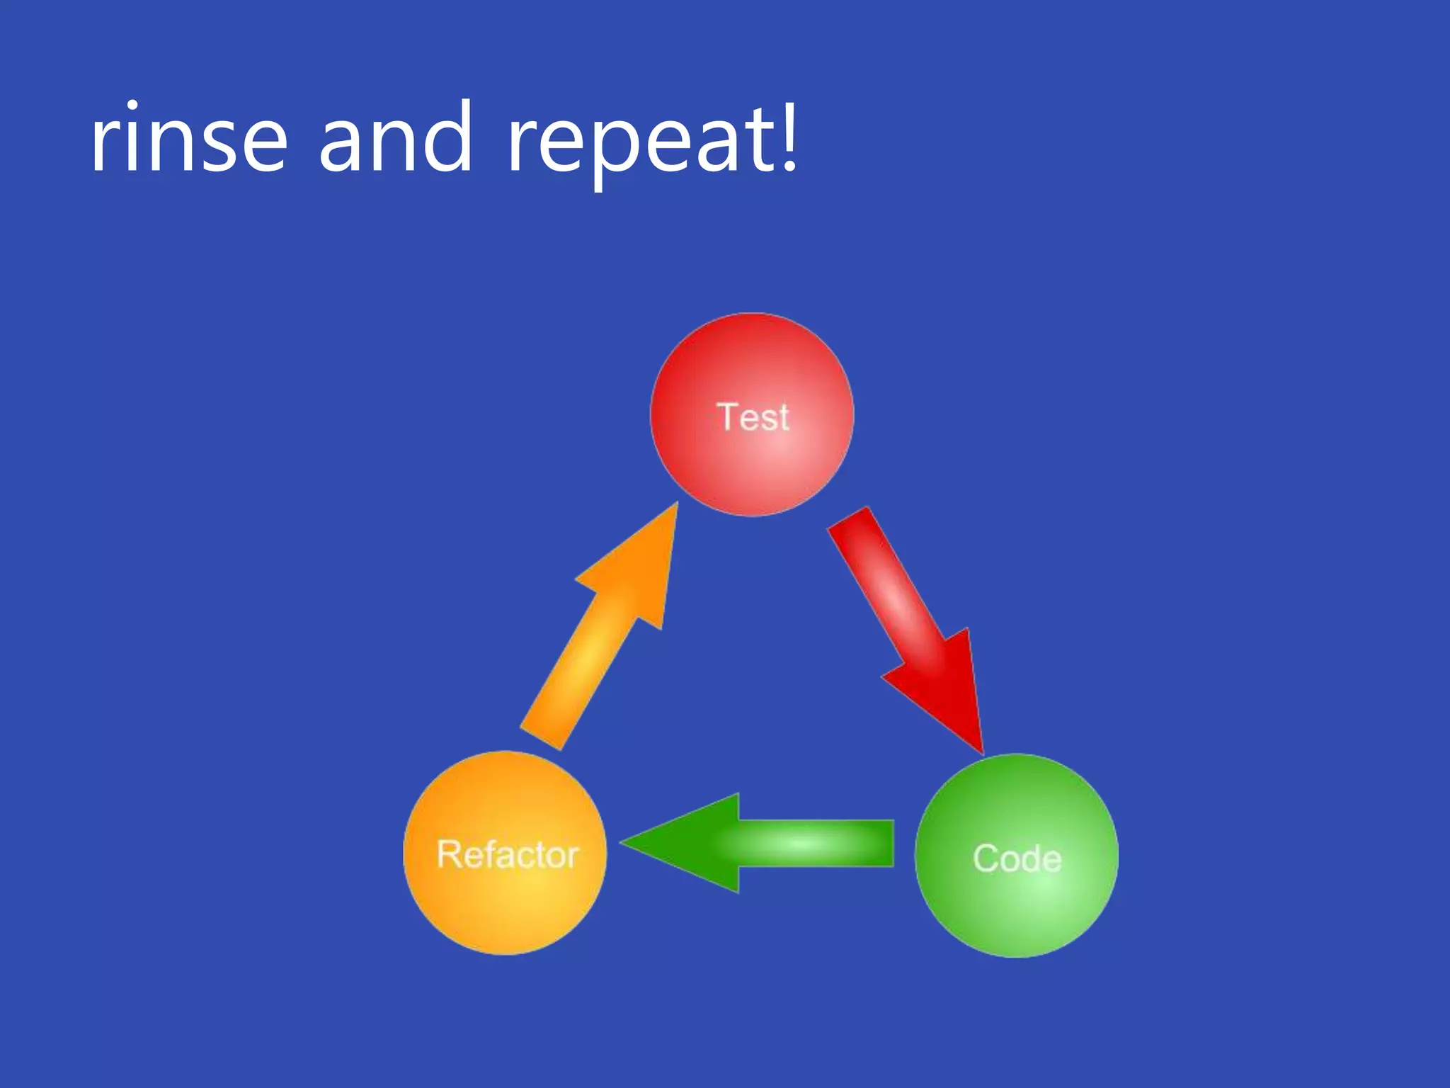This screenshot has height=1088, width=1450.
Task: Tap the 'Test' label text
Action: [753, 416]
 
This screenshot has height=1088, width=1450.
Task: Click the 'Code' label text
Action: [1017, 858]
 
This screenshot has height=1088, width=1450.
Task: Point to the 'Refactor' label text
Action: [508, 854]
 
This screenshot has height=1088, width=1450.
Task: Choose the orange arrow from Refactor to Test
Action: [602, 637]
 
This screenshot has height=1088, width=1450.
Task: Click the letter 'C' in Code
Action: [986, 858]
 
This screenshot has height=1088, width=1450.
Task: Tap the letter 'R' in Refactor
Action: [449, 854]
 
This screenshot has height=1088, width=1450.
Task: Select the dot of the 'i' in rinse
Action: [132, 106]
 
